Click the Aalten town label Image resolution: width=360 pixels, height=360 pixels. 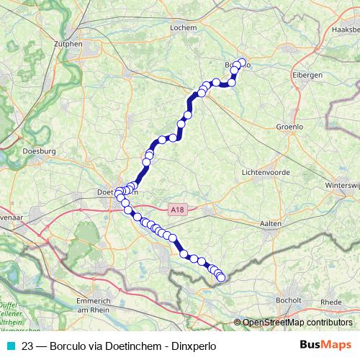pyautogui.click(x=271, y=225)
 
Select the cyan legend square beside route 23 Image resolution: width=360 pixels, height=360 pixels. pyautogui.click(x=10, y=346)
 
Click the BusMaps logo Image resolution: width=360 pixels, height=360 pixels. pyautogui.click(x=325, y=345)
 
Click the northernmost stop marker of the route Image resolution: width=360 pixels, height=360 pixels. pyautogui.click(x=242, y=62)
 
